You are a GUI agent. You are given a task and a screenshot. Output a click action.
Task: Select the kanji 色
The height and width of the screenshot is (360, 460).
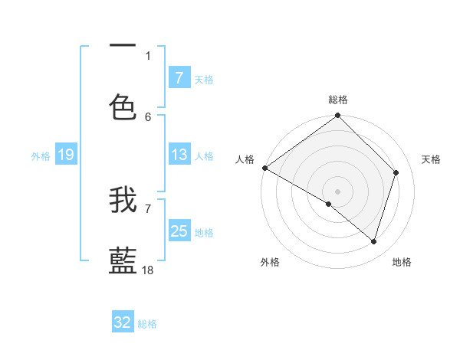click(123, 107)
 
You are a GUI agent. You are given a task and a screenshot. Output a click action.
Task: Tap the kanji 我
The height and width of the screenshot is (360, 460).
click(123, 200)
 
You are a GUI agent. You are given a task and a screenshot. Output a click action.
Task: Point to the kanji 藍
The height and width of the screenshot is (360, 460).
click(123, 260)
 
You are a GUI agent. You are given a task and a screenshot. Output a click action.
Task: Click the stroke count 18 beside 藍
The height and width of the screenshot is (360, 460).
click(149, 270)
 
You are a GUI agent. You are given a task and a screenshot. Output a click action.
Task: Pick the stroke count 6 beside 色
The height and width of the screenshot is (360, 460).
click(148, 116)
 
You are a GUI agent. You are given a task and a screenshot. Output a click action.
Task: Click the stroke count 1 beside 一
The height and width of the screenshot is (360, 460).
click(148, 55)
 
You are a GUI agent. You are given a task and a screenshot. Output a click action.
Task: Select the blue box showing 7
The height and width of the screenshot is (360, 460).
click(179, 78)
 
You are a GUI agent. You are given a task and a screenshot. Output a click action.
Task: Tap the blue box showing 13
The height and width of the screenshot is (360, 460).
click(179, 155)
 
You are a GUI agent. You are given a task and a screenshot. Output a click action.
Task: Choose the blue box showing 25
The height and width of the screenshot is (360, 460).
click(179, 231)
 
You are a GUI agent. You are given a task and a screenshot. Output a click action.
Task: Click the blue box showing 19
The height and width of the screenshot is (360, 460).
click(65, 155)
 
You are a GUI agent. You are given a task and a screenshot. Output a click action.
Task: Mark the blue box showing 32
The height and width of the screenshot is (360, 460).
click(123, 322)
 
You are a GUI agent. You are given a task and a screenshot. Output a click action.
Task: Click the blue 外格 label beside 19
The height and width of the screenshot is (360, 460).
click(41, 156)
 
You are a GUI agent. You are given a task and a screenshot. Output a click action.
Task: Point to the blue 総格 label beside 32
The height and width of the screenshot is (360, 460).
click(147, 324)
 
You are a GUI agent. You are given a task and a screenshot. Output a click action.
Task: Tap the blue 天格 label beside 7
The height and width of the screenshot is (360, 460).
click(204, 80)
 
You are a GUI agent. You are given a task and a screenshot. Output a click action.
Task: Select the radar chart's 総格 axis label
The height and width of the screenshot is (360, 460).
click(338, 100)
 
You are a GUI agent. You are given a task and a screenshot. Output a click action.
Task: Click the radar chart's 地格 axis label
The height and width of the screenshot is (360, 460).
click(402, 262)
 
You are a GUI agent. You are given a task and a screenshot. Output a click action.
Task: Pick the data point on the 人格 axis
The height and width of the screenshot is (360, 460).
click(264, 168)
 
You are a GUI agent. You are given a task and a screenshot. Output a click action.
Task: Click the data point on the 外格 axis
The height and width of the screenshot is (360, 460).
click(329, 204)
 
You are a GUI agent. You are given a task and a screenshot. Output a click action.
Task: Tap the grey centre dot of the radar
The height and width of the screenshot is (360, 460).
click(338, 191)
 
